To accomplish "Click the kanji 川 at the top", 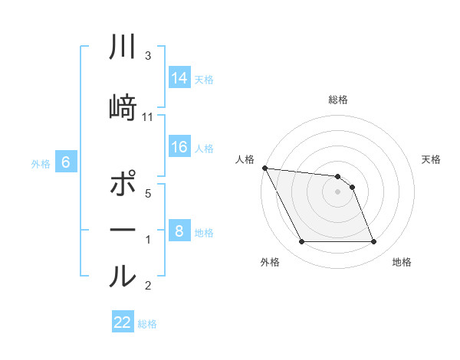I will [123, 48].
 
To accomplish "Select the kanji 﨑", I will [123, 108].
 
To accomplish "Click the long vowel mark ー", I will [123, 231].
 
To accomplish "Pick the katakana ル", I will [123, 276].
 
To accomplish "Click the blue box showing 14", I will [179, 78].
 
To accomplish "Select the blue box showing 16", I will [179, 147].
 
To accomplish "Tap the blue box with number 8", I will [179, 231].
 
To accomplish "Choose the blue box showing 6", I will [66, 162].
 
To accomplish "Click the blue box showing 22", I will [123, 322].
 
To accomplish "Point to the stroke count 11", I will [148, 116].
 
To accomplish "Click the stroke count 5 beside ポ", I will [148, 194].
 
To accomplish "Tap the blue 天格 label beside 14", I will [204, 79].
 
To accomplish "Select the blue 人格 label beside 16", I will [204, 148].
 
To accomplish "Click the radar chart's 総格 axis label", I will [337, 100].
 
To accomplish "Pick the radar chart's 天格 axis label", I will [432, 159].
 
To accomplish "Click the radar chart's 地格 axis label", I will [402, 263].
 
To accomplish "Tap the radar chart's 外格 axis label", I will [270, 263].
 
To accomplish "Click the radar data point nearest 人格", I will [264, 168].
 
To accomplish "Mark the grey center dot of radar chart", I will [337, 191].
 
